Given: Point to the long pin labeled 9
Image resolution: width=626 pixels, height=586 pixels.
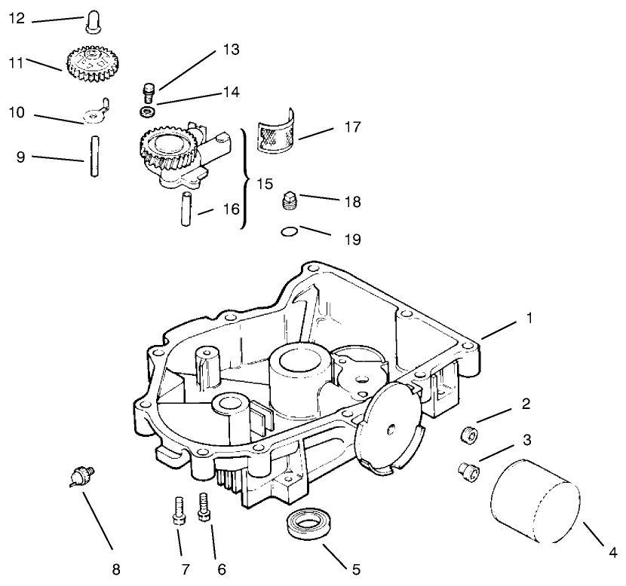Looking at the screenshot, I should coord(94,155).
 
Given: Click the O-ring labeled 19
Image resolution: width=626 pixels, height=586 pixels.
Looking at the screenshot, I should coord(288,233).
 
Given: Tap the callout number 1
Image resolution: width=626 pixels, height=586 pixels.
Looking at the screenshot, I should coord(529,318).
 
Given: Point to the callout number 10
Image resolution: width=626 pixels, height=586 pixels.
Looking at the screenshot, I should coord(17,113).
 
